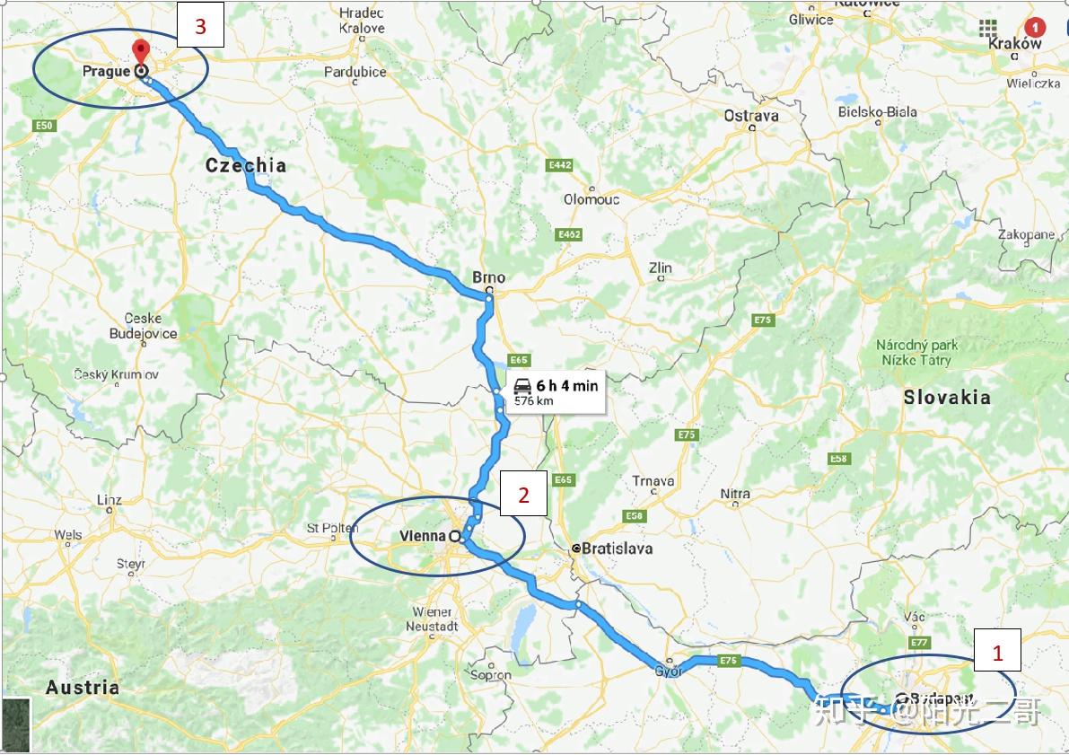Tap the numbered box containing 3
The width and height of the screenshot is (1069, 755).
point(200,27)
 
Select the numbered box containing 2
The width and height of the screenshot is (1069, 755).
point(523,493)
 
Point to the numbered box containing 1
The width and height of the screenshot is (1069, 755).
point(996,653)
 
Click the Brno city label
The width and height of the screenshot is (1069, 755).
point(488,277)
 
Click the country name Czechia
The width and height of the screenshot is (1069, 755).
point(246,165)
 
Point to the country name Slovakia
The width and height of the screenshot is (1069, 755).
point(947,397)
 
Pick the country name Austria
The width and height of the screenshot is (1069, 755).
point(82,688)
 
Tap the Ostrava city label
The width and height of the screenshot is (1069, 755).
point(751,116)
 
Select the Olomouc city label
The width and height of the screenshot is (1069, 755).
point(591,199)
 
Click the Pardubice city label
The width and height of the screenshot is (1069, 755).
point(355,72)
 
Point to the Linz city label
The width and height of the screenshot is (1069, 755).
point(109,499)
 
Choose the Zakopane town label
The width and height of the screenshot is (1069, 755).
point(1026,234)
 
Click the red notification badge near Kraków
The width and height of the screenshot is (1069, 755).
point(1037,27)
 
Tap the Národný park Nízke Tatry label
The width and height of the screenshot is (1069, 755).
point(916,352)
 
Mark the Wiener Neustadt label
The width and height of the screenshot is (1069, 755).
point(432,619)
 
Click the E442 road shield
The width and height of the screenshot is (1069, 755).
point(560,165)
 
